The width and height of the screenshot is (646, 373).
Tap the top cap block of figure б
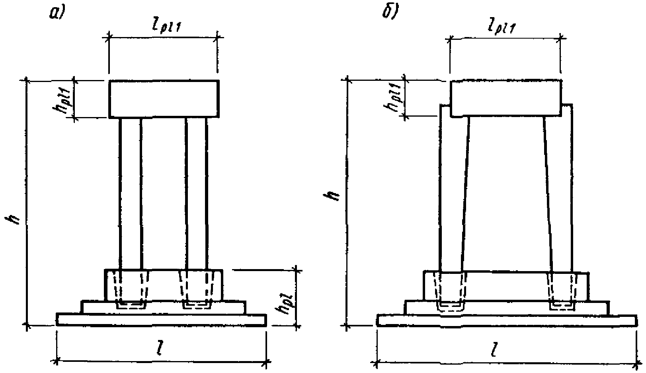coord(506,99)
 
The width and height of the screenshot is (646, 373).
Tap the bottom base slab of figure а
coord(162,320)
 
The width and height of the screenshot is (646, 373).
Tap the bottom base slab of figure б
coord(506,320)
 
